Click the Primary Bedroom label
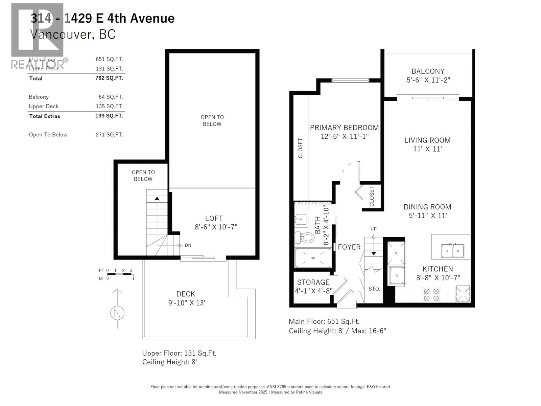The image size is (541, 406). point(344,128)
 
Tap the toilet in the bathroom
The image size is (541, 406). point(304,237)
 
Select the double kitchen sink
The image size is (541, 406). point(452,251)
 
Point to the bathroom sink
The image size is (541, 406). point(300,219)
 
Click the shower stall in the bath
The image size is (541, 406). point(313,258)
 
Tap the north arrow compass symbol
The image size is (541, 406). point(117,313)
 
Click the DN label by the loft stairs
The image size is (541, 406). point(188,245)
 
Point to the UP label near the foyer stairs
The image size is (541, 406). point(373,229)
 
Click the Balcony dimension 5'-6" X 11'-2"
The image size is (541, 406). point(428,80)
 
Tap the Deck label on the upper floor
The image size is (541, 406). point(186,294)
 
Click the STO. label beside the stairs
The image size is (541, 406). point(374,289)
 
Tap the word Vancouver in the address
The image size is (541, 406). point(61,34)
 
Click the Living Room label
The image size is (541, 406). point(427,140)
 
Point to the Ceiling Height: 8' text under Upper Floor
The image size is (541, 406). point(169,362)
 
